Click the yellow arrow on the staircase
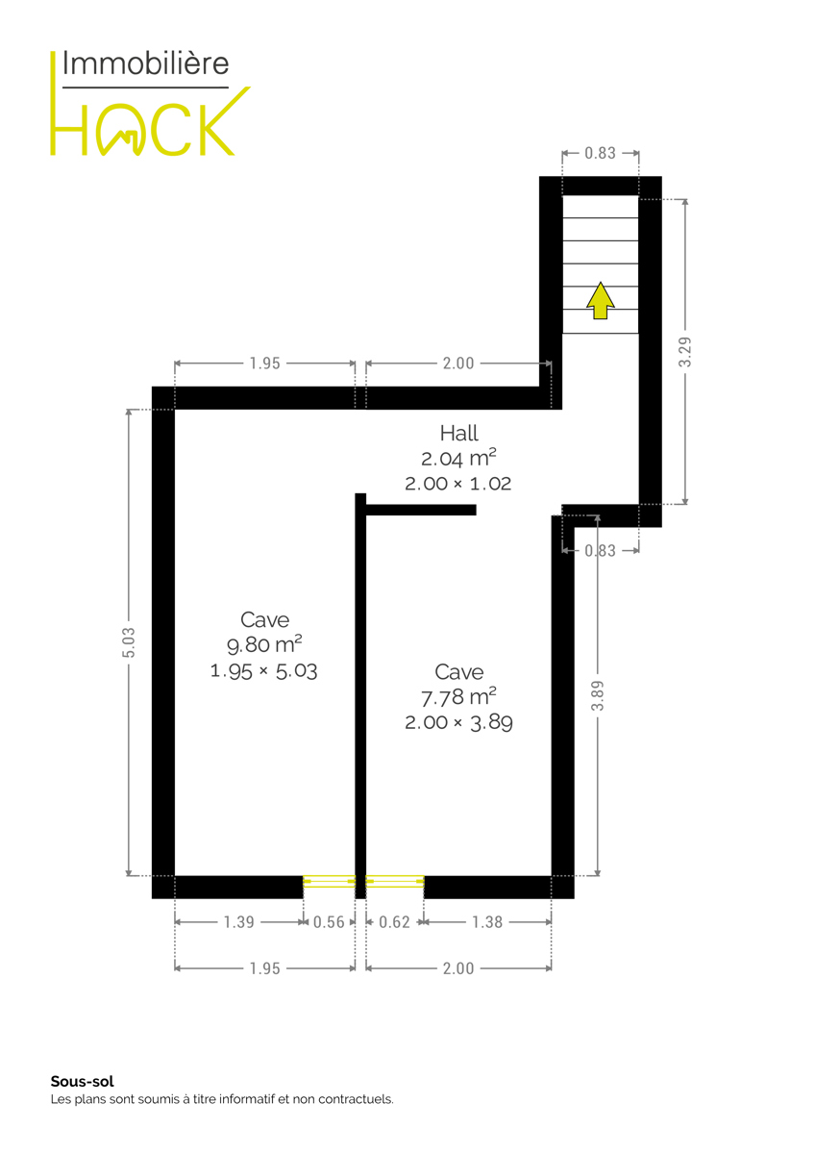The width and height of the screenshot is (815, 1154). (x=601, y=301)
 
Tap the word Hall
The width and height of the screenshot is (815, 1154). (x=458, y=434)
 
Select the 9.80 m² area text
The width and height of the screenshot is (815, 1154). (x=264, y=644)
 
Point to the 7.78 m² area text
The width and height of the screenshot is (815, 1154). (x=458, y=697)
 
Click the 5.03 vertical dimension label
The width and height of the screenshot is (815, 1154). (x=129, y=642)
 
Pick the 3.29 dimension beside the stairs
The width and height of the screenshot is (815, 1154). (x=684, y=352)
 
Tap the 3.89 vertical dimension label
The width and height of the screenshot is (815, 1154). (x=597, y=695)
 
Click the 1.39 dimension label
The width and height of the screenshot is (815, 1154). (x=239, y=922)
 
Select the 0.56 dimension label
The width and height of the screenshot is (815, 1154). (x=329, y=922)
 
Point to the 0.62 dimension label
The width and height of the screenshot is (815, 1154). (x=394, y=922)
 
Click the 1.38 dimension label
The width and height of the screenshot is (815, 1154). (x=487, y=922)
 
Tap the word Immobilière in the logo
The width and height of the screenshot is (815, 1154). (x=146, y=63)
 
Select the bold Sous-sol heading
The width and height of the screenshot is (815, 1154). (x=83, y=1081)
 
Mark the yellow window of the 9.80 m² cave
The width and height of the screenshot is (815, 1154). (x=329, y=882)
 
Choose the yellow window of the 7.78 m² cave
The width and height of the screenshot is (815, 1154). (x=395, y=882)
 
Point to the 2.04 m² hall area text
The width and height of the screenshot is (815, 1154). (x=458, y=458)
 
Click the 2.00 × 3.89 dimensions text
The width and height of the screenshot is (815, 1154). (x=458, y=723)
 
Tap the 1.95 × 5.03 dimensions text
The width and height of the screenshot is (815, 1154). (x=264, y=671)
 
